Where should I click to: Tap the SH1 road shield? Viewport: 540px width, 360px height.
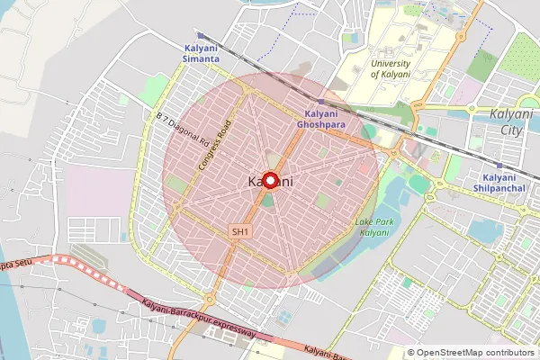(238, 232)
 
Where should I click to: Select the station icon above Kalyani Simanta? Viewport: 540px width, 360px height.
(202, 36)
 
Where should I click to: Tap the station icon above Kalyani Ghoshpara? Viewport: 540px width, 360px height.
(321, 102)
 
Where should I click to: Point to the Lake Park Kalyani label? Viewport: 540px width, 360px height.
(372, 227)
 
